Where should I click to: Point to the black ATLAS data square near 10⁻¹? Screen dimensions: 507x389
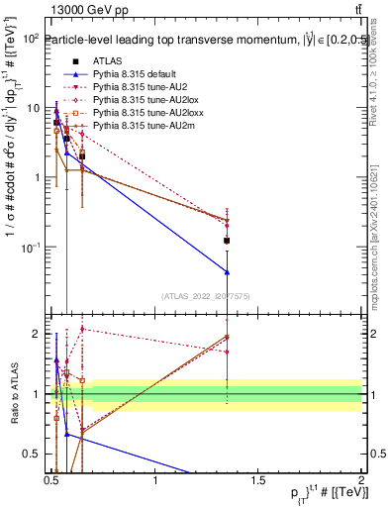click(228, 241)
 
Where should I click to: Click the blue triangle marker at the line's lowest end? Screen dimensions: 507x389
click(228, 272)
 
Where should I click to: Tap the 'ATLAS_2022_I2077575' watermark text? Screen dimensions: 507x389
click(206, 295)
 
